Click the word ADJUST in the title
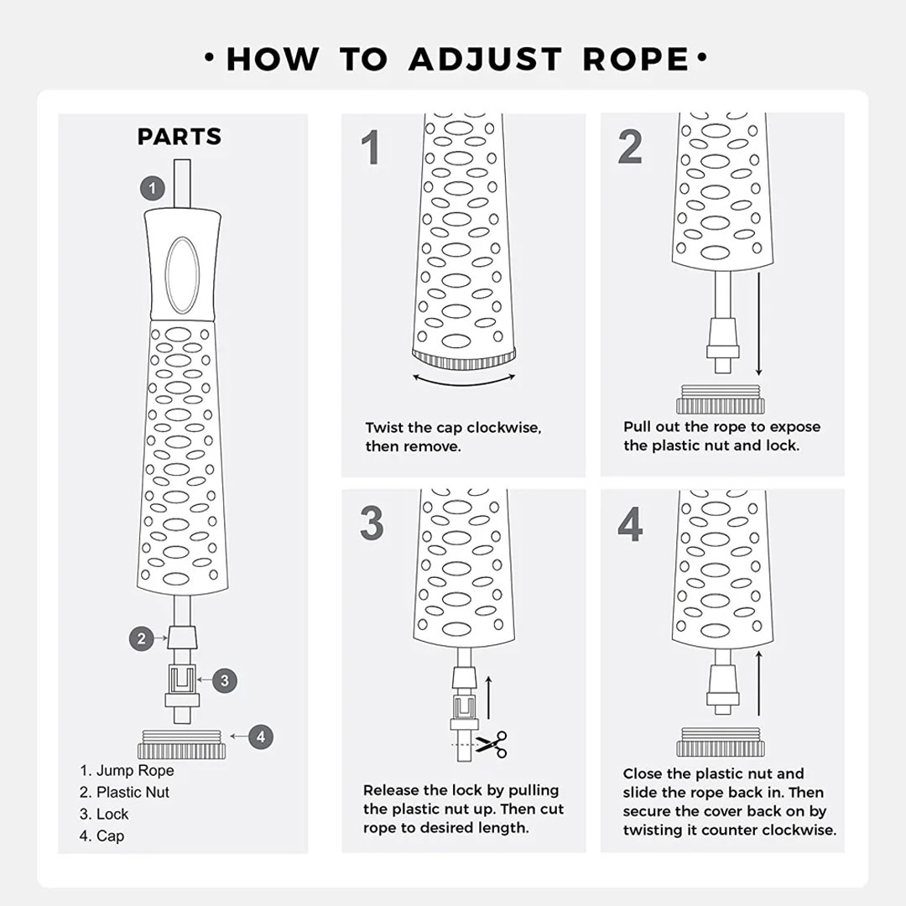486,59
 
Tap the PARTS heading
180,137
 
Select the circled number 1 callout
153,189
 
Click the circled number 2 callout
142,639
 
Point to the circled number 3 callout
225,680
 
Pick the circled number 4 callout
261,737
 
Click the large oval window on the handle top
182,275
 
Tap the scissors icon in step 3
491,744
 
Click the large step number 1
371,148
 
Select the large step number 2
630,147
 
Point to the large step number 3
372,523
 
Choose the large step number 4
630,524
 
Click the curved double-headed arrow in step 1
464,383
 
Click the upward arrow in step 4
758,683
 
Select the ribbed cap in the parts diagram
182,744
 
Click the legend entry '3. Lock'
104,814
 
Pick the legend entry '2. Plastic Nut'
124,792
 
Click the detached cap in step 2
721,399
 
